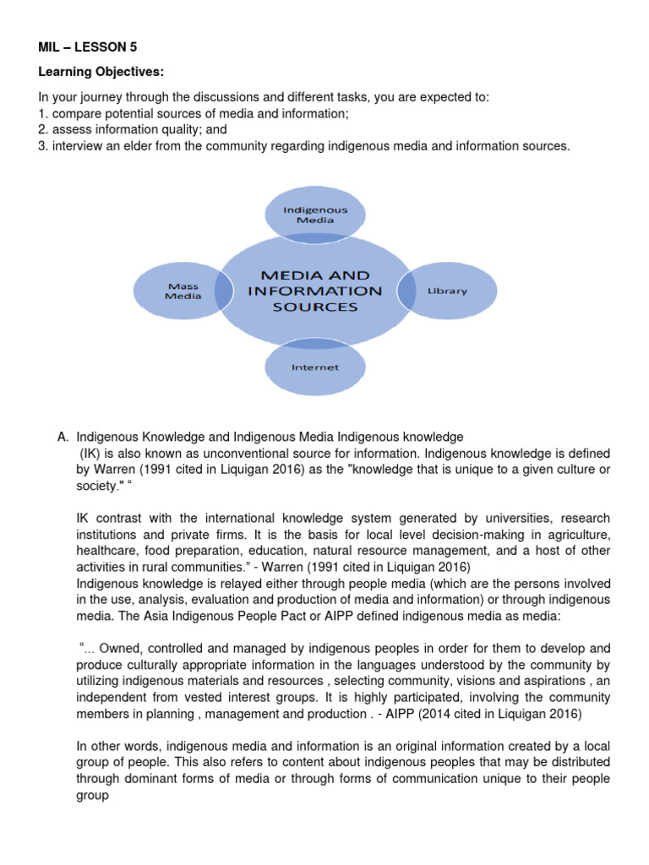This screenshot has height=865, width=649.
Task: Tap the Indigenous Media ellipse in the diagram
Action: point(314,213)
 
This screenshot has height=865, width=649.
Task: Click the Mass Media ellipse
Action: point(183,291)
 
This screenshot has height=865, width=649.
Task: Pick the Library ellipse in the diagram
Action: point(447,291)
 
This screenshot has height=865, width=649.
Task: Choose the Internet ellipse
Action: point(314,368)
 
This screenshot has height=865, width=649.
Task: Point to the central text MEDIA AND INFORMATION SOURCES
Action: point(314,291)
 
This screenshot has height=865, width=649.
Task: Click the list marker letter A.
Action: point(62,437)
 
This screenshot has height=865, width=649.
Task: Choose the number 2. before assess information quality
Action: point(43,129)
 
